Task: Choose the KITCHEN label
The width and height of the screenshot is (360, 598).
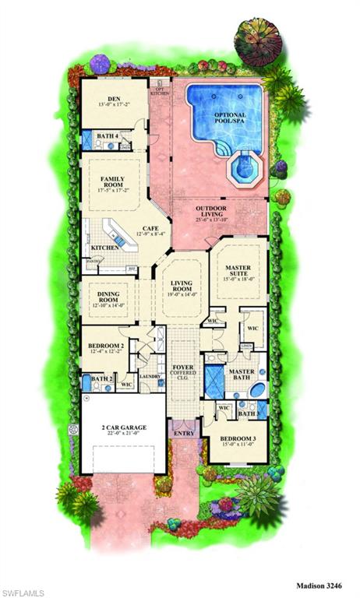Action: click(104, 248)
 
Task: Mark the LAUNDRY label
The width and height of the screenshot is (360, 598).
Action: click(150, 378)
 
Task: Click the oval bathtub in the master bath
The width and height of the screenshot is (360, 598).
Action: click(258, 389)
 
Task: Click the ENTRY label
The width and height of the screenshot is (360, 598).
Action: click(184, 434)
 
